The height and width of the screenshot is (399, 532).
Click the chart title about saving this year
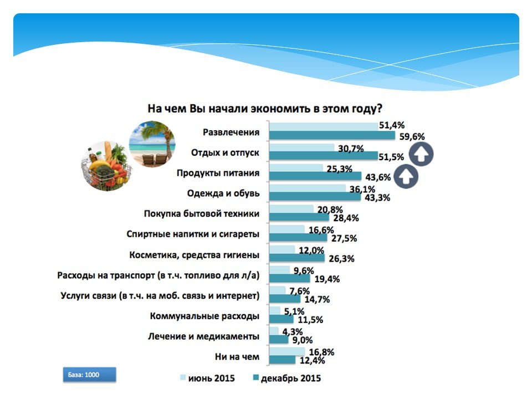click(265, 109)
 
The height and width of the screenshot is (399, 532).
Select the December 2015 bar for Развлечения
click(332, 136)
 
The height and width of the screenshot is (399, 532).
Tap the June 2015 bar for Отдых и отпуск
click(302, 147)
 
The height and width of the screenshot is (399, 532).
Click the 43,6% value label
click(378, 177)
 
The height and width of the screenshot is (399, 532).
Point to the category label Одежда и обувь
click(223, 193)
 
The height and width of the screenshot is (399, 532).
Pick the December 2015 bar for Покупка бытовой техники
click(300, 217)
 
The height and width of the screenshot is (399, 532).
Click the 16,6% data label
click(321, 230)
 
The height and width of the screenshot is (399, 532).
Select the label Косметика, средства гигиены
click(194, 255)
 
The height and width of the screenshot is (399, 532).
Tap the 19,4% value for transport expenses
click(327, 279)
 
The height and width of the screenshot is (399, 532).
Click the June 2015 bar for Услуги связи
click(278, 290)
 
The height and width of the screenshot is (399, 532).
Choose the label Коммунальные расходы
click(204, 316)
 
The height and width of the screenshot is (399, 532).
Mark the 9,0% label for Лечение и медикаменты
click(303, 340)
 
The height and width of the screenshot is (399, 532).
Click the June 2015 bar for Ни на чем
click(288, 351)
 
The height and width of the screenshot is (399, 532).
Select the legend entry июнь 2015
click(207, 378)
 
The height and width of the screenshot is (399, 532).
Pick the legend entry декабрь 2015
click(287, 378)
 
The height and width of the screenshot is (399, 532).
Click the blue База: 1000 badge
click(90, 375)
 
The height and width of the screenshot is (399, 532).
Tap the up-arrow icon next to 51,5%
click(421, 155)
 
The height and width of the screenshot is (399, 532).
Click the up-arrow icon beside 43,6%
click(406, 176)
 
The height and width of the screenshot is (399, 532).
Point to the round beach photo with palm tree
click(152, 144)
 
